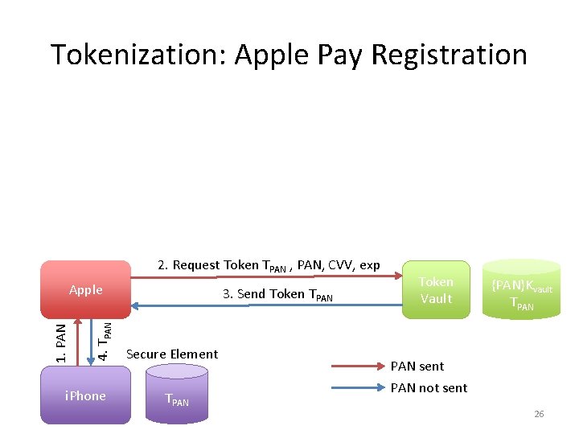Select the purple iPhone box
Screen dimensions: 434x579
tap(85, 395)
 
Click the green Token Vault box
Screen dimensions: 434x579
tap(436, 290)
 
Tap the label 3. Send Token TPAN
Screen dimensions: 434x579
tap(277, 294)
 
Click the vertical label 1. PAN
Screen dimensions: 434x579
tap(61, 342)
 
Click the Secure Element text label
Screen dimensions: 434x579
tap(172, 354)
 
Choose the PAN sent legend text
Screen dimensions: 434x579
tap(417, 366)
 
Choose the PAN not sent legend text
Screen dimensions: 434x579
tap(429, 387)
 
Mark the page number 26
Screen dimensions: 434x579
tap(539, 414)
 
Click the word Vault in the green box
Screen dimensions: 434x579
tap(436, 299)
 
